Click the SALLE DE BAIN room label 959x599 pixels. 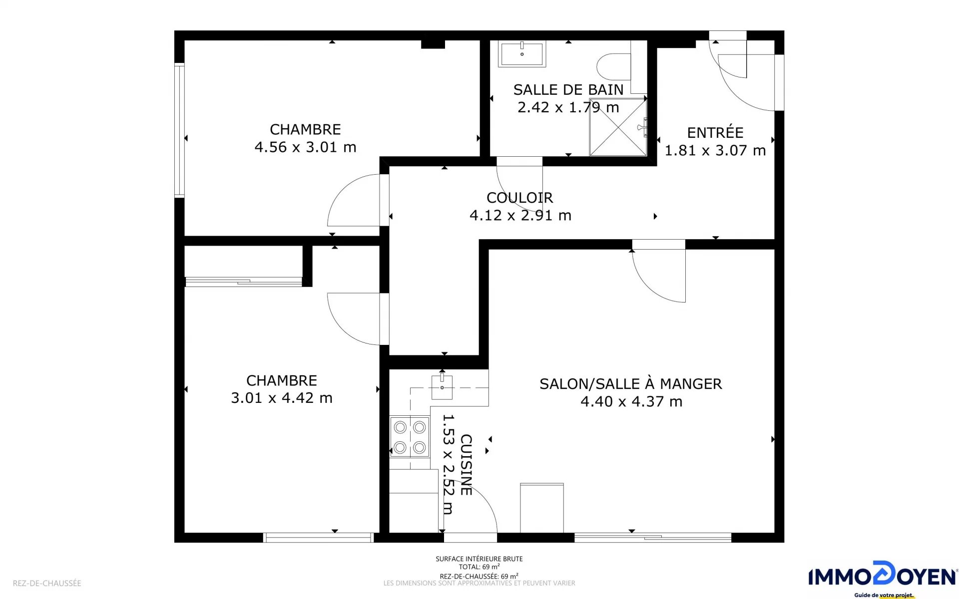[x=568, y=90]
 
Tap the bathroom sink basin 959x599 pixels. [x=522, y=54]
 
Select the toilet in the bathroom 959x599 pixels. [x=614, y=67]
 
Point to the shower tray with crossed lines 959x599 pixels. [x=618, y=127]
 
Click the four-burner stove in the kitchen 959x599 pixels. [x=410, y=437]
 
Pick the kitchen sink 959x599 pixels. [x=442, y=387]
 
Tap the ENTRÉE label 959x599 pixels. [x=715, y=133]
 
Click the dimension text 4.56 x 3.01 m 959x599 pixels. [x=305, y=147]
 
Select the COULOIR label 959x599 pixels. [x=520, y=198]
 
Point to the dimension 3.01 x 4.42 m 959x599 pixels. [x=282, y=398]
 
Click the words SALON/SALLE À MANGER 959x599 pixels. [x=631, y=384]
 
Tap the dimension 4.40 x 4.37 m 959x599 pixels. [x=631, y=401]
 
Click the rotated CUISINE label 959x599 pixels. [x=466, y=465]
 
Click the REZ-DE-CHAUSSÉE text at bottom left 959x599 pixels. [x=47, y=583]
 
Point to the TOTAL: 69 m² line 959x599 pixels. [x=479, y=567]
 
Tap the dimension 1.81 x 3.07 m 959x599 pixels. [x=715, y=150]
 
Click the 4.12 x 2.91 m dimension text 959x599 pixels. [x=520, y=215]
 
